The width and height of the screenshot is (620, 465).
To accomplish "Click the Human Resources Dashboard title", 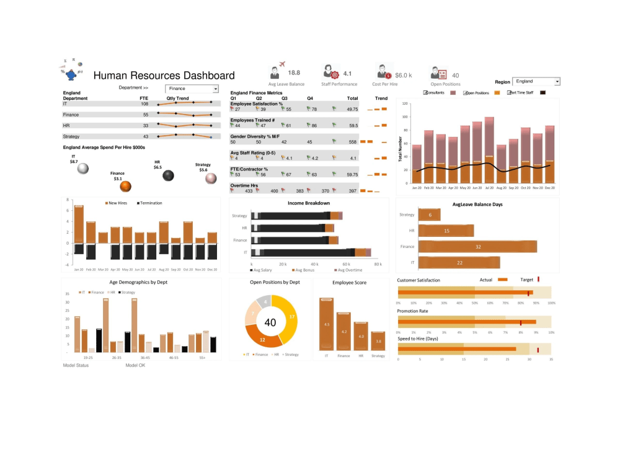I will (164, 76).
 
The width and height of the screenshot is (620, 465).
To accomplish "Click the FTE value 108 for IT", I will (144, 104).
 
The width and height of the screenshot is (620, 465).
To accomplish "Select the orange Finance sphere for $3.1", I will (126, 185).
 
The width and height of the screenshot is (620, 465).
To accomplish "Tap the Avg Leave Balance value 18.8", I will (294, 73).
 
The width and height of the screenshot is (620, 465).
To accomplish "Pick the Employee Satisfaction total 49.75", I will (352, 109).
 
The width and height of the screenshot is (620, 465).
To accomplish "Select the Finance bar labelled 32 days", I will (477, 247).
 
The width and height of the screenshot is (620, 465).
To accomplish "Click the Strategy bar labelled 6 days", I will (430, 215).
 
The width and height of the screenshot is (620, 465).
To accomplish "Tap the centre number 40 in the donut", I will (270, 322).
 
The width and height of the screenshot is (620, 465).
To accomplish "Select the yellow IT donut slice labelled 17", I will (291, 317).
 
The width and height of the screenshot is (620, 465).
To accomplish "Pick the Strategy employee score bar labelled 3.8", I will (378, 340).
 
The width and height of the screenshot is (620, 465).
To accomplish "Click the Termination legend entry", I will (149, 203).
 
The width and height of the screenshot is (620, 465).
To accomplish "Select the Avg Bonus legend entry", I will (304, 271).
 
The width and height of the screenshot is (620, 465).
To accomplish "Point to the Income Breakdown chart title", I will (309, 203).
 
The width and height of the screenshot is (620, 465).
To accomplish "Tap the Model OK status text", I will (135, 365).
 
